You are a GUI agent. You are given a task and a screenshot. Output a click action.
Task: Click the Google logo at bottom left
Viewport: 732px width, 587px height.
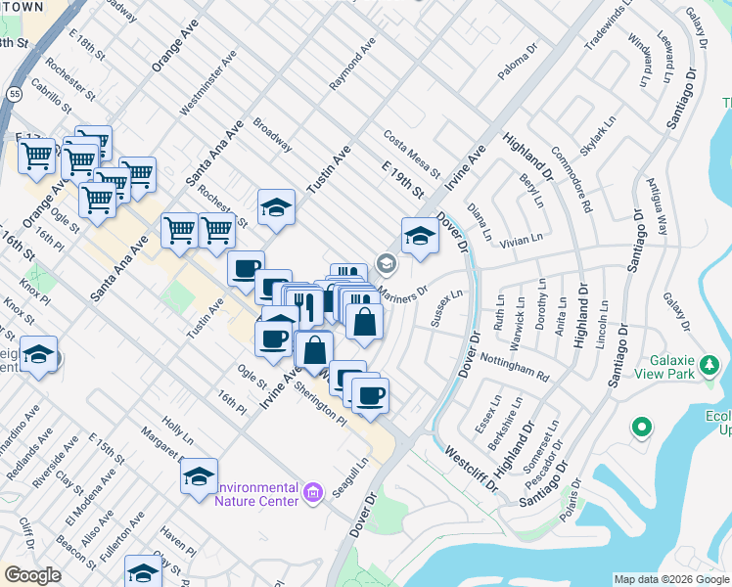pos(32,574)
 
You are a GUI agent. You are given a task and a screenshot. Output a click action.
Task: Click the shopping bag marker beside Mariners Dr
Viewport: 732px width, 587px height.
pos(364,322)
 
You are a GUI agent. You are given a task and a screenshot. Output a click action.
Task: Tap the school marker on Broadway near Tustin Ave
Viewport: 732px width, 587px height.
pos(277,207)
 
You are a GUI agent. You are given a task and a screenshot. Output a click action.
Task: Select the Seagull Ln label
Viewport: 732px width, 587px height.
pos(349,477)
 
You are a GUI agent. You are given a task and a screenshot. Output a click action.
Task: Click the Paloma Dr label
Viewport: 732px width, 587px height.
pos(519,61)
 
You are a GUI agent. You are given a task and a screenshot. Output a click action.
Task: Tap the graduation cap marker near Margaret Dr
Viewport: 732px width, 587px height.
pos(199,476)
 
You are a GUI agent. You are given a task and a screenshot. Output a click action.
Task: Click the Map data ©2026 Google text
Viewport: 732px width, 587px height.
pos(670,579)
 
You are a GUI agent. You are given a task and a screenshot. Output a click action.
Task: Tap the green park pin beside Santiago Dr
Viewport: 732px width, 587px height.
pos(642,428)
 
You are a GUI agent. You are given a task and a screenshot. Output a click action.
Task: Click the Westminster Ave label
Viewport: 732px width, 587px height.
pos(216,83)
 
